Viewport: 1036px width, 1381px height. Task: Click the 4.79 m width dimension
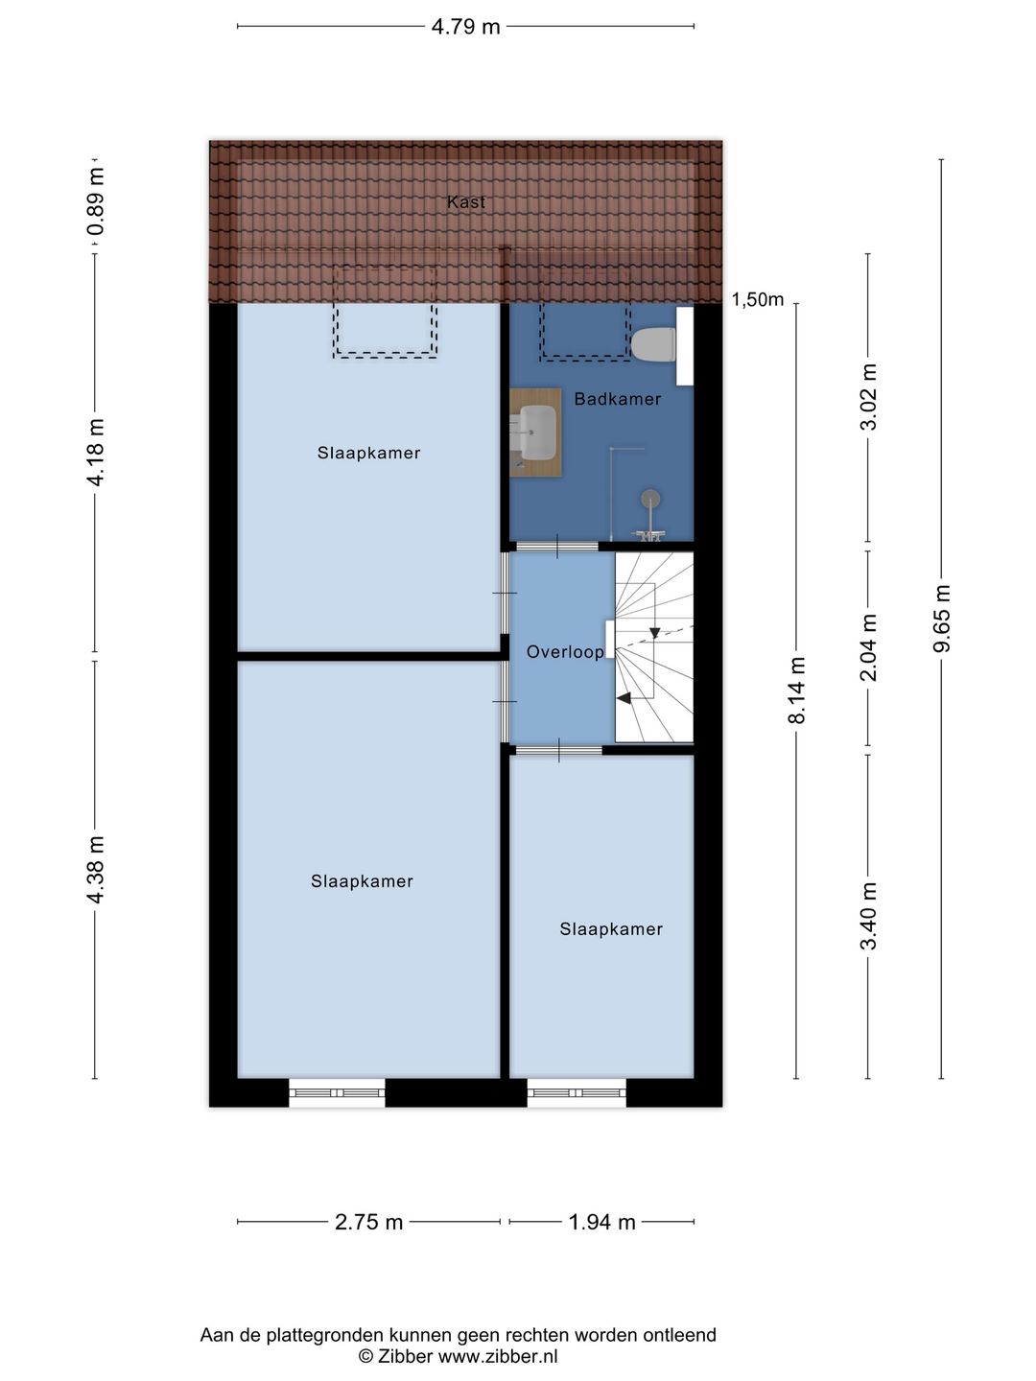click(465, 27)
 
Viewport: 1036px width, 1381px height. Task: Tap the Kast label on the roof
click(466, 202)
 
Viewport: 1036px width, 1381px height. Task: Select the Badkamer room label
click(617, 399)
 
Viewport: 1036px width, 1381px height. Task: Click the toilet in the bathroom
click(655, 344)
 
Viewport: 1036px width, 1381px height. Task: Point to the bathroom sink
click(537, 433)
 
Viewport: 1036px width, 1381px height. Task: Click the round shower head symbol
click(651, 498)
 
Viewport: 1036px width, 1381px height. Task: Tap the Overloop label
click(565, 652)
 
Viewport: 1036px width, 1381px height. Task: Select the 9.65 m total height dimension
click(942, 619)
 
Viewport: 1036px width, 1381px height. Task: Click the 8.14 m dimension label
click(796, 691)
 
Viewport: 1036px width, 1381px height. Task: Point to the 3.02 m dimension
click(869, 397)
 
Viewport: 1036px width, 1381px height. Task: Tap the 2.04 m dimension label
click(869, 647)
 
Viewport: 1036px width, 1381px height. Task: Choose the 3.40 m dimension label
click(869, 916)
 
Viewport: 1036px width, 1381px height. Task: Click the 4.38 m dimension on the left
click(95, 870)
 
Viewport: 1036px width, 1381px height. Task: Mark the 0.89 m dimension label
click(95, 201)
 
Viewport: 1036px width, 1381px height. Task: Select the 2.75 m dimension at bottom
click(369, 1222)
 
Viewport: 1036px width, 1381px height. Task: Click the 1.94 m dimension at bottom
click(601, 1222)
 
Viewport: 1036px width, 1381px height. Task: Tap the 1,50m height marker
click(758, 300)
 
